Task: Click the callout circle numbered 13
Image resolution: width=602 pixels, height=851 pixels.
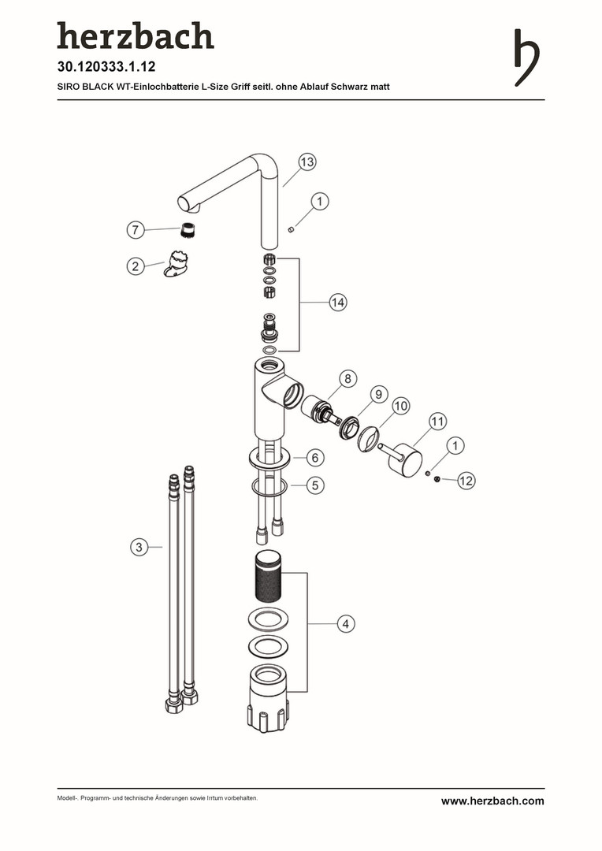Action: point(307,162)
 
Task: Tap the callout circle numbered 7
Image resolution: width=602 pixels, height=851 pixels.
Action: point(136,229)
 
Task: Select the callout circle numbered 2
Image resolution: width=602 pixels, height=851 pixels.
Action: point(136,266)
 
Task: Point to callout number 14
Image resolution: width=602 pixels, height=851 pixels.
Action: point(338,302)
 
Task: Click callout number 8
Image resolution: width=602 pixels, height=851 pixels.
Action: point(347,378)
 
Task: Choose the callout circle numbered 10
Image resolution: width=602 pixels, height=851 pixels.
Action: point(400,406)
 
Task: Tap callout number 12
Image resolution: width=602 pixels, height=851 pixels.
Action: point(466,481)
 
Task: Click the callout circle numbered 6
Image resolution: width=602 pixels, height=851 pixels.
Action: point(315,458)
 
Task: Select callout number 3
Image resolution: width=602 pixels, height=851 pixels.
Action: point(139,547)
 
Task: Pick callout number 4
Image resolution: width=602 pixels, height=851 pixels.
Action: point(346,623)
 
